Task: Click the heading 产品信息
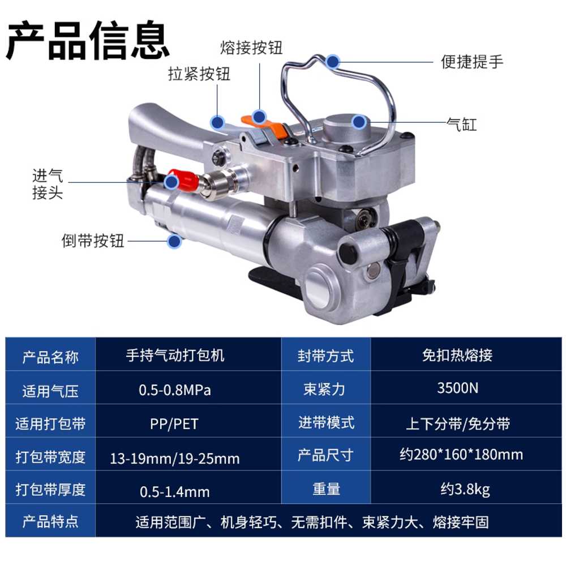point(88,40)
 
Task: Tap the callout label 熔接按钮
point(251,48)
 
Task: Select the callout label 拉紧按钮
point(199,74)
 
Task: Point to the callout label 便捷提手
point(472,62)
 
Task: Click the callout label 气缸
point(462,125)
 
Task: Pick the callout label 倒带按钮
point(93,241)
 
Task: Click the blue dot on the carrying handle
point(332,62)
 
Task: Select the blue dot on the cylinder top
point(358,122)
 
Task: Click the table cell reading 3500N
point(458,388)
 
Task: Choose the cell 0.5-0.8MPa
point(175,390)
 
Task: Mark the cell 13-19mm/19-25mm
point(175,458)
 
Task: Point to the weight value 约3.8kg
point(465,490)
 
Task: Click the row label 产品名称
point(50,357)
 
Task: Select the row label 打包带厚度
point(50,490)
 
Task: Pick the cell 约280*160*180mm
point(461,454)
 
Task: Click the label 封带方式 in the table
point(325,356)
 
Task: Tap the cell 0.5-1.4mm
point(175,492)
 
